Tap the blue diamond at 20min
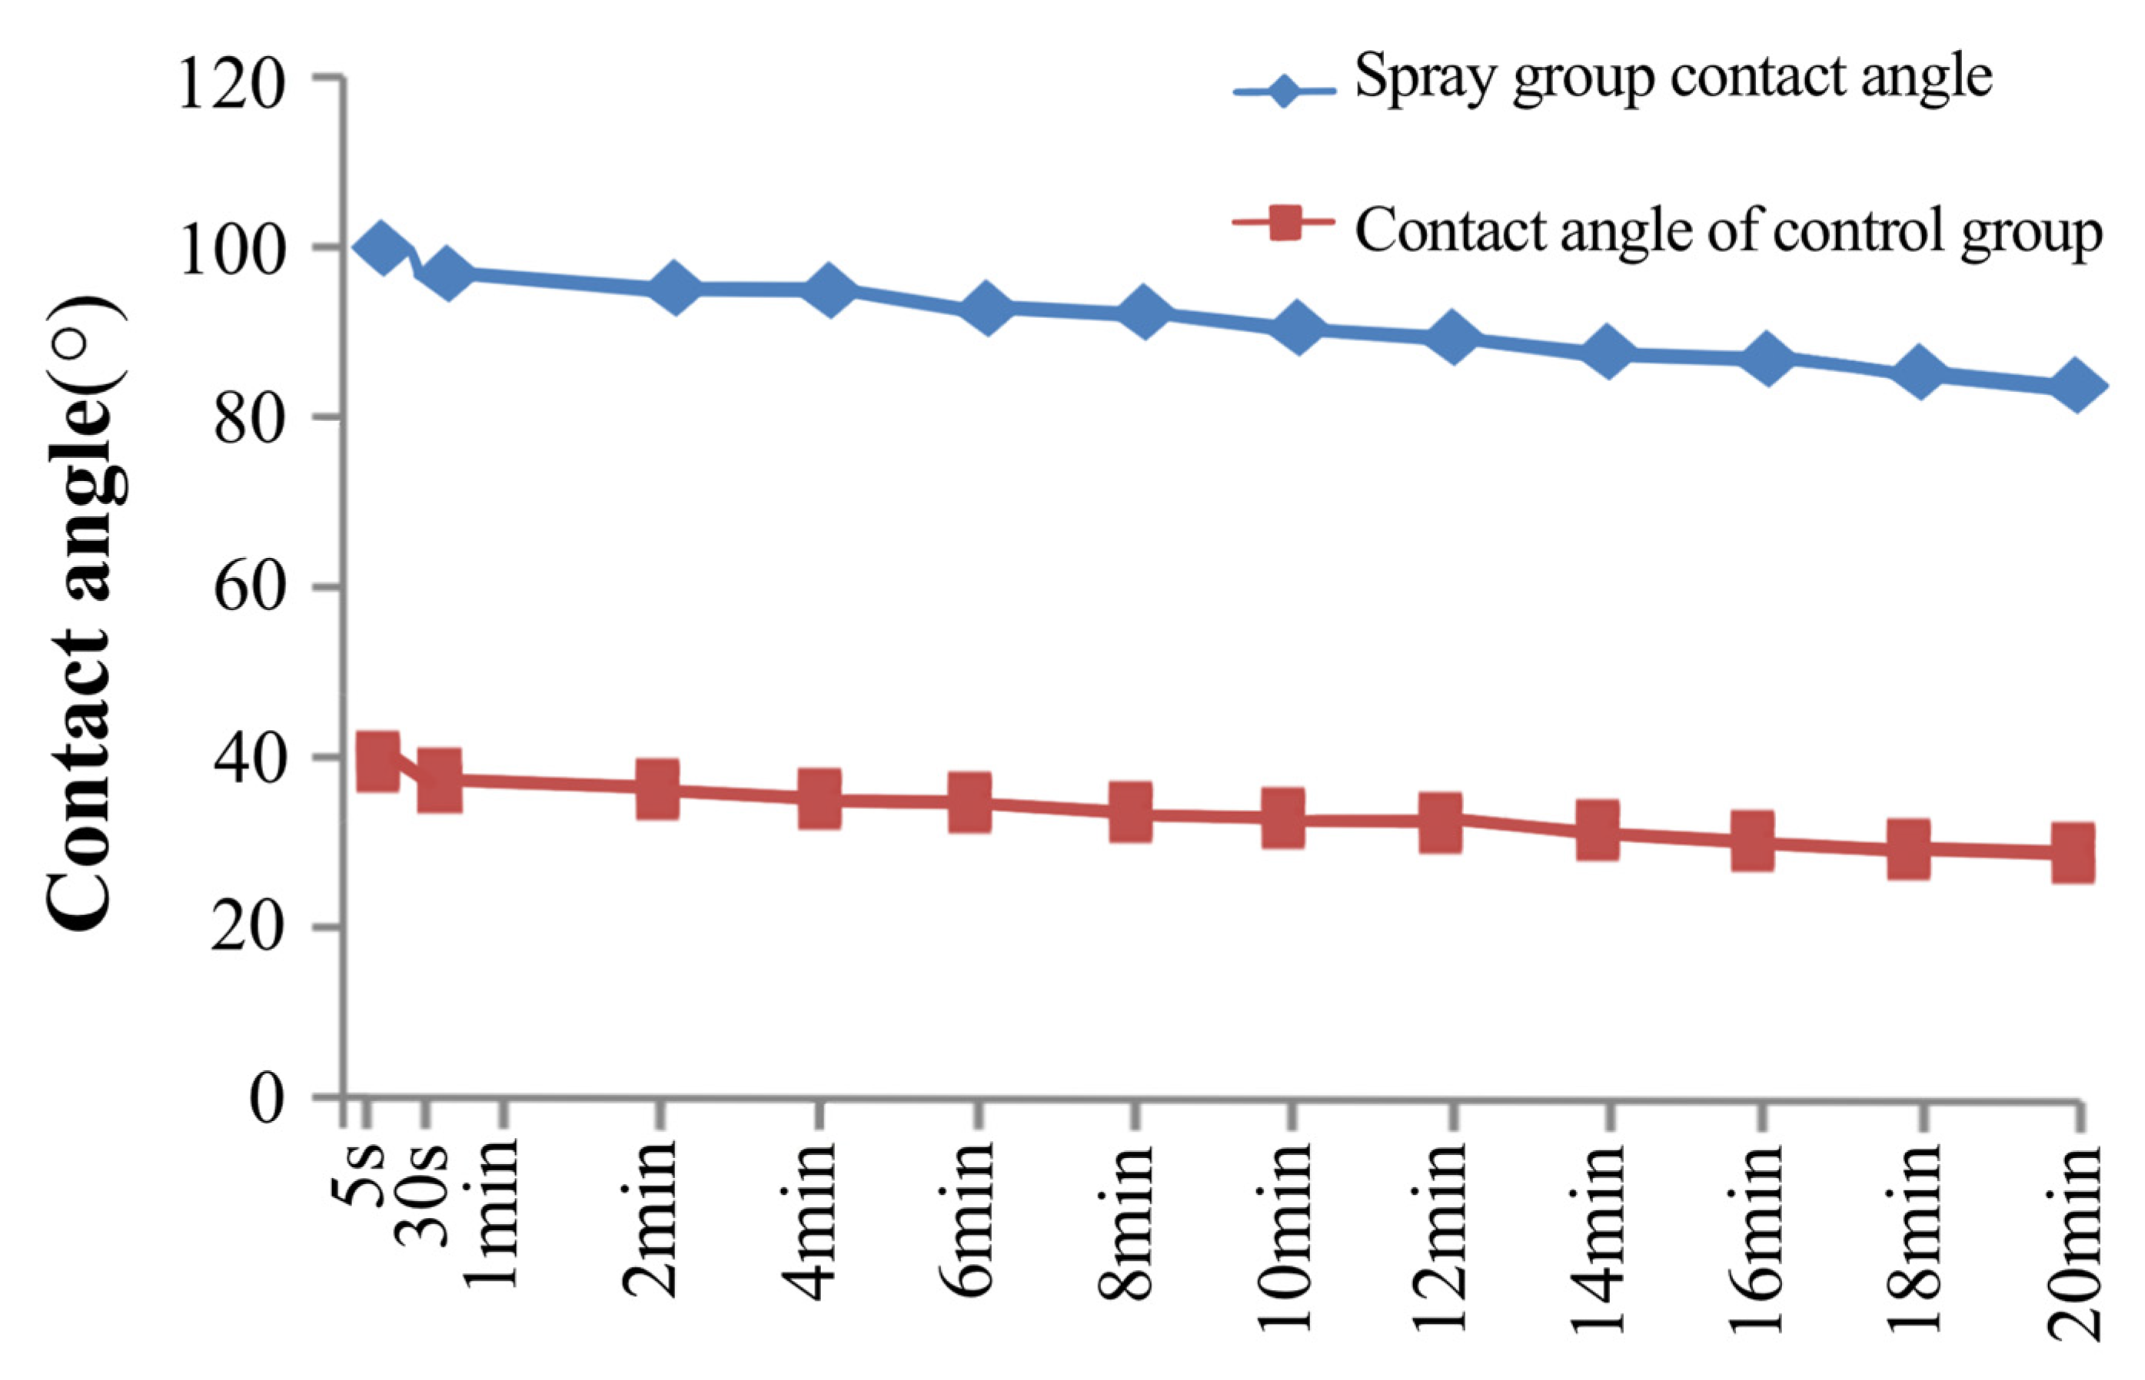click(2076, 386)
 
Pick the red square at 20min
click(2073, 853)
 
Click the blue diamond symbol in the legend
click(1285, 91)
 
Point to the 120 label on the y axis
click(231, 83)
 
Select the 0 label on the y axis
click(266, 1099)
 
